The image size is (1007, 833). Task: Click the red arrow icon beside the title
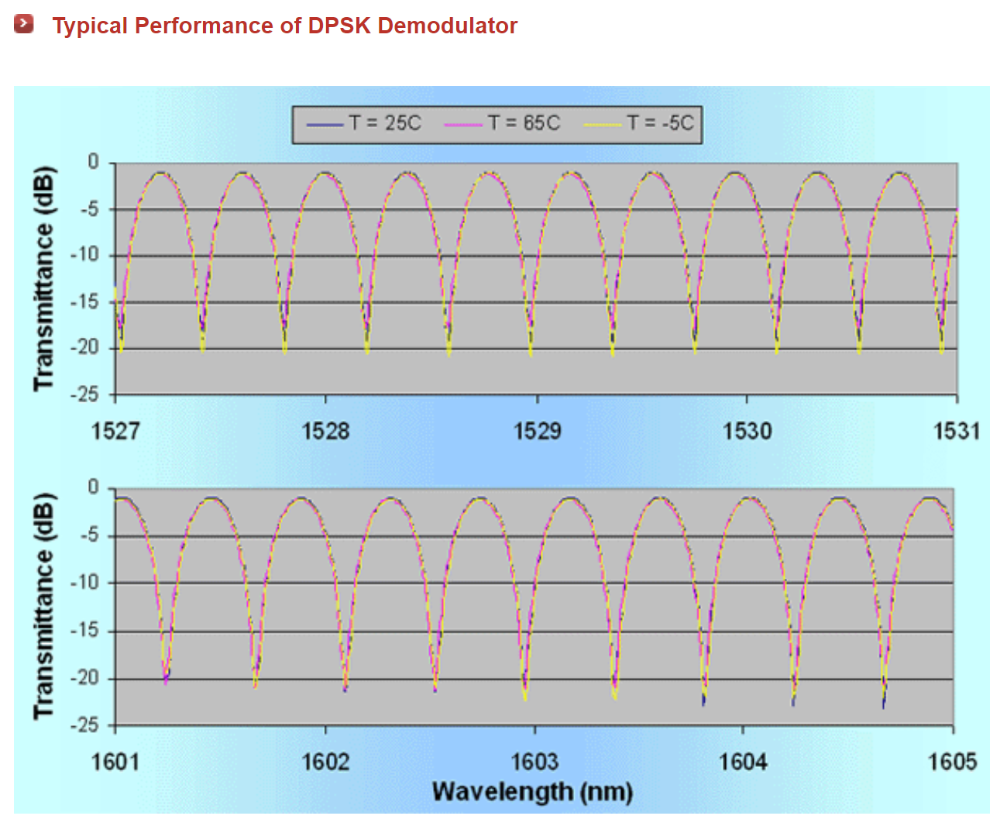24,24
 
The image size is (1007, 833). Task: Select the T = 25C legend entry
365,123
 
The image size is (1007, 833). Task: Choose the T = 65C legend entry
503,123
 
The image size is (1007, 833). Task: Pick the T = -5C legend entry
640,123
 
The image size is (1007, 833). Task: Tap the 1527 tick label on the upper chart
115,431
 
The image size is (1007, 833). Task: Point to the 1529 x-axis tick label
537,431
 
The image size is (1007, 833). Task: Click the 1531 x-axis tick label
957,431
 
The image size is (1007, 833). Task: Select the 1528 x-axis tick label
325,431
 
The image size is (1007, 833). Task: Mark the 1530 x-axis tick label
747,431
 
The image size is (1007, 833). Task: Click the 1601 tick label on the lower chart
115,762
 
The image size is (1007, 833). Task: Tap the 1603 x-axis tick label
534,762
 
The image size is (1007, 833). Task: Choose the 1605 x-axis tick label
952,762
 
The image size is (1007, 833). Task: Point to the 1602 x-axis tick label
325,762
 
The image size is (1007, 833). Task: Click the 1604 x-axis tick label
743,762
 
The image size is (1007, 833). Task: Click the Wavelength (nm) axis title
533,792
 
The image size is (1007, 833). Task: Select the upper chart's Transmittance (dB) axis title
44,279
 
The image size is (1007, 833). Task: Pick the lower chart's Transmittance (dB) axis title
44,606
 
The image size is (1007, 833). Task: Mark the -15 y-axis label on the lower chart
85,631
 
